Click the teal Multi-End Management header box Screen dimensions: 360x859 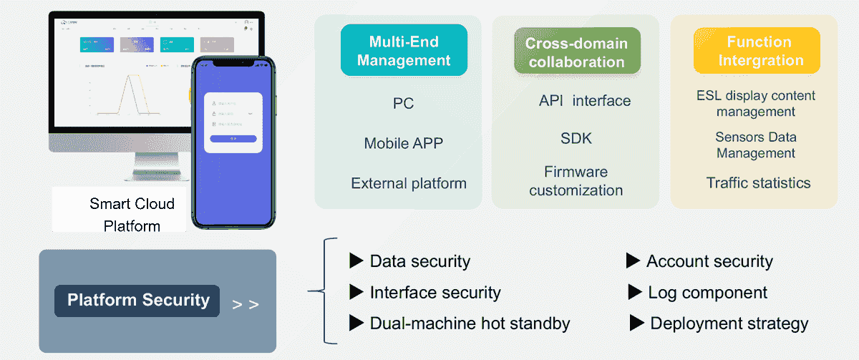click(x=404, y=50)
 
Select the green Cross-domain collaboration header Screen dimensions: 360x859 click(x=576, y=52)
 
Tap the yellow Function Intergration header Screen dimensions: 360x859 click(x=756, y=51)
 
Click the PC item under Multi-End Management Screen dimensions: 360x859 click(x=404, y=104)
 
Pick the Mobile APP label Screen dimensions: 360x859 click(x=404, y=143)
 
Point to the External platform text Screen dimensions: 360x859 click(x=409, y=183)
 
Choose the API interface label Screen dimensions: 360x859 click(x=584, y=101)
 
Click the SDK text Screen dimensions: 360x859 click(x=576, y=138)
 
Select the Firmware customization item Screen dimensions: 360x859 click(x=576, y=181)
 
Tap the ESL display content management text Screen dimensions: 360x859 click(x=756, y=104)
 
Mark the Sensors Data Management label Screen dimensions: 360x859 click(x=756, y=145)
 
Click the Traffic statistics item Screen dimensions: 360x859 click(x=758, y=183)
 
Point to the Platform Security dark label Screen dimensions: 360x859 click(x=138, y=301)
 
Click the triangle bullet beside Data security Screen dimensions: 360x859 click(x=356, y=261)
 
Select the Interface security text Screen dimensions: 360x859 click(x=435, y=292)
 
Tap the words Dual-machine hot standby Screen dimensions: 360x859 click(x=470, y=323)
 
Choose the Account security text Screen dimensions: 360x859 click(x=709, y=261)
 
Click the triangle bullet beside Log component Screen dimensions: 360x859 click(x=634, y=292)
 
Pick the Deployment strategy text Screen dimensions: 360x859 click(x=729, y=323)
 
